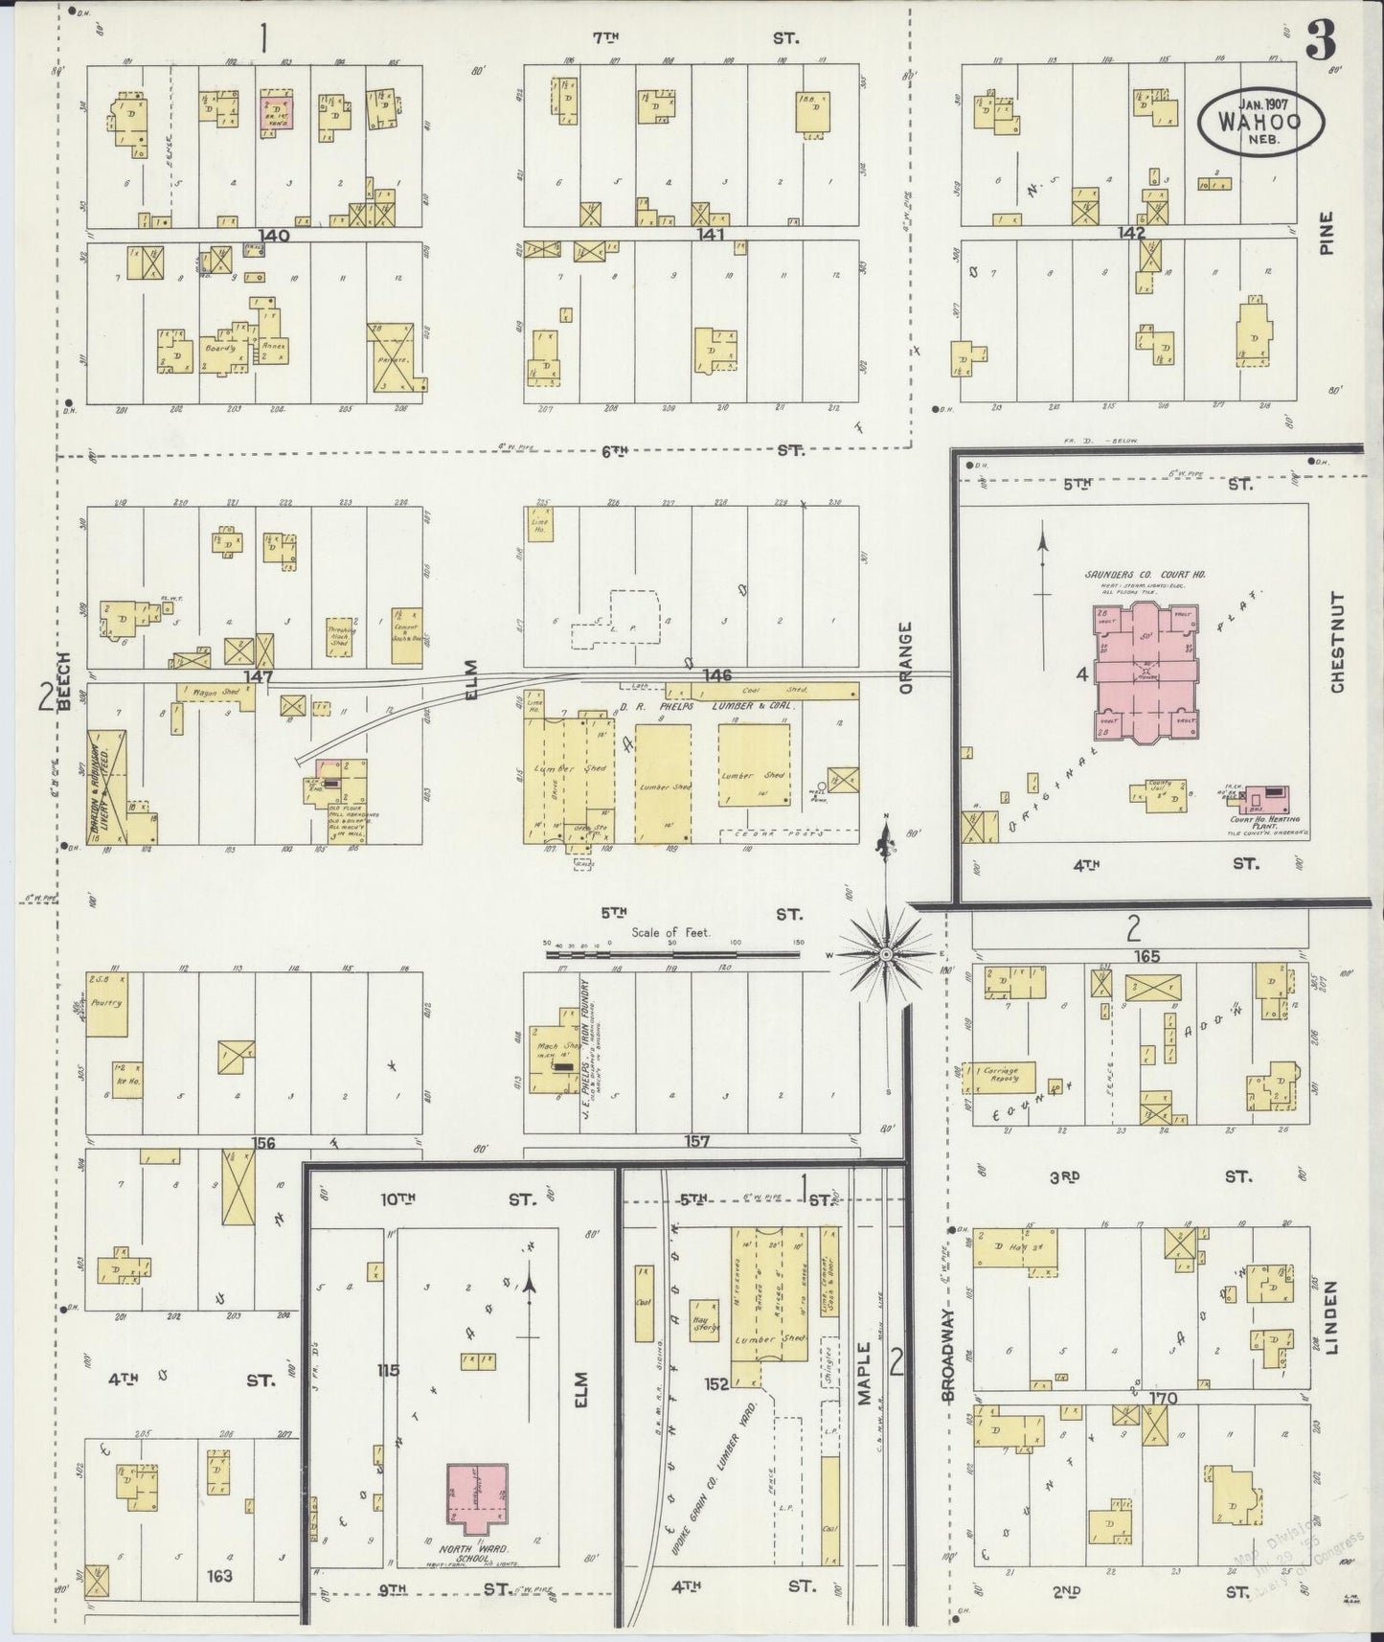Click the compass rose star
click(x=886, y=954)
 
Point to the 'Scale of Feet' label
click(x=670, y=932)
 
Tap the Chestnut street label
click(x=1337, y=641)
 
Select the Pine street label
click(x=1326, y=233)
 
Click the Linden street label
click(x=1334, y=1317)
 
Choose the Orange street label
click(x=906, y=656)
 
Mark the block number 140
click(x=272, y=234)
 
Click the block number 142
click(x=1131, y=234)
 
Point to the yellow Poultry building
click(x=106, y=1004)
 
